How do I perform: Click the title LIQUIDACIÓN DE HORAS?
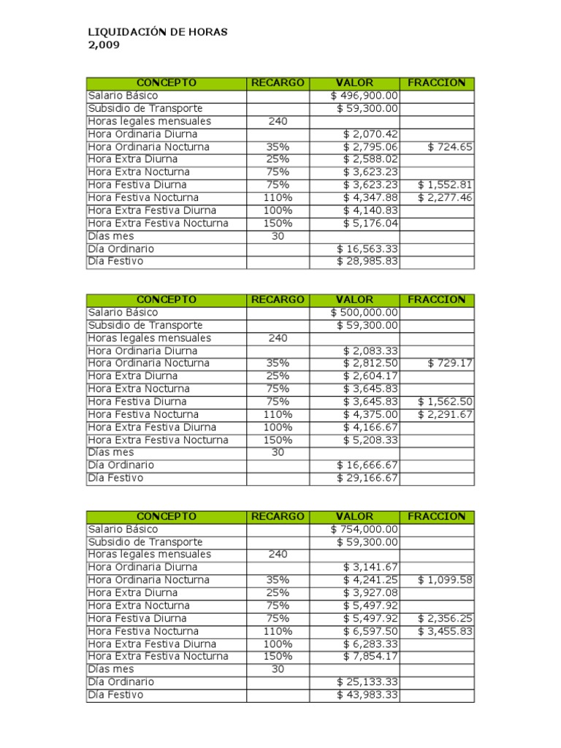point(158,32)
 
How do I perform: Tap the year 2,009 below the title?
point(103,45)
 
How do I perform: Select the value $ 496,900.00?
point(365,96)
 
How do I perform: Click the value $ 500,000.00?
point(365,313)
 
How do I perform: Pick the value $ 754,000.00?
point(365,529)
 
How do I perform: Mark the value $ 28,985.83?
point(367,262)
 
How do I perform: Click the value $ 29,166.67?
point(367,478)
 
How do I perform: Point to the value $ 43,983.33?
point(367,695)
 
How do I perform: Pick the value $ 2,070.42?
point(370,134)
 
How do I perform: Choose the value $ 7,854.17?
point(370,657)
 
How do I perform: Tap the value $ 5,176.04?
point(370,224)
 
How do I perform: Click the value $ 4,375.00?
point(370,414)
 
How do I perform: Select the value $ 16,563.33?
point(367,249)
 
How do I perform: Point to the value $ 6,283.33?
point(370,644)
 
